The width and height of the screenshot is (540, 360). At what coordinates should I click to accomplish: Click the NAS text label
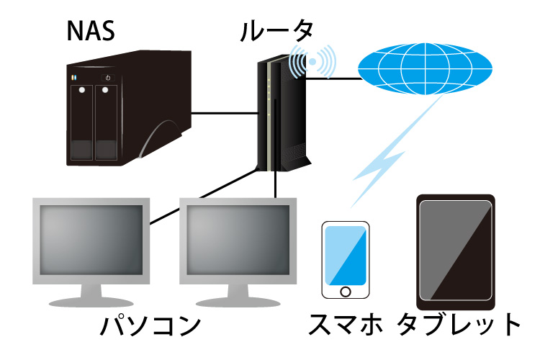point(91,31)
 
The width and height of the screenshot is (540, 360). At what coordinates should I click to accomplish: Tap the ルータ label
point(276,31)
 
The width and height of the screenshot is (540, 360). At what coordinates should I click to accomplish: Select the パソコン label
point(150,325)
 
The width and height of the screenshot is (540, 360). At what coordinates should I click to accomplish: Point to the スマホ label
point(346,324)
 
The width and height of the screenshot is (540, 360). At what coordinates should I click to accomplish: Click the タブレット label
point(459,324)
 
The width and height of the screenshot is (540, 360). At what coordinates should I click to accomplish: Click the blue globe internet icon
point(425,69)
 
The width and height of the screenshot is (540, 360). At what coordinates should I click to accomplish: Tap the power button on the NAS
point(108,78)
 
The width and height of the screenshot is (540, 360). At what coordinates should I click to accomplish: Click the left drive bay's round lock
point(82,90)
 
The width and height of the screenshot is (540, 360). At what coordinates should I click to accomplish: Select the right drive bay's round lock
point(105,90)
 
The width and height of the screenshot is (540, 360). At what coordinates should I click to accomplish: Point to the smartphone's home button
point(346,292)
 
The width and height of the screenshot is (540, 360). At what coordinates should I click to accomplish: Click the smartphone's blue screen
point(346,256)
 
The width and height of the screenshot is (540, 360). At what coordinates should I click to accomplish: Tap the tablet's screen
point(455,251)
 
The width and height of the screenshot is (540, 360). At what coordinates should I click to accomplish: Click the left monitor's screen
point(91,240)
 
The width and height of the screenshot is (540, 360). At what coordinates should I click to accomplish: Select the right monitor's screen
point(238,240)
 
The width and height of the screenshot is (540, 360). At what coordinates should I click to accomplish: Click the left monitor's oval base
point(91,303)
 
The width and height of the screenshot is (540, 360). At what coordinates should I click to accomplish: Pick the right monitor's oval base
point(238,303)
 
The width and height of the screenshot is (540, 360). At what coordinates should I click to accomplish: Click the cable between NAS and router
point(225,113)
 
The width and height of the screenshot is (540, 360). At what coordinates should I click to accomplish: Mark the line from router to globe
point(333,78)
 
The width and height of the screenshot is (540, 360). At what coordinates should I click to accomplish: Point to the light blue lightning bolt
point(396,152)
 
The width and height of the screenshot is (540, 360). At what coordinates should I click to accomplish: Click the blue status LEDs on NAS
point(73,78)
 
